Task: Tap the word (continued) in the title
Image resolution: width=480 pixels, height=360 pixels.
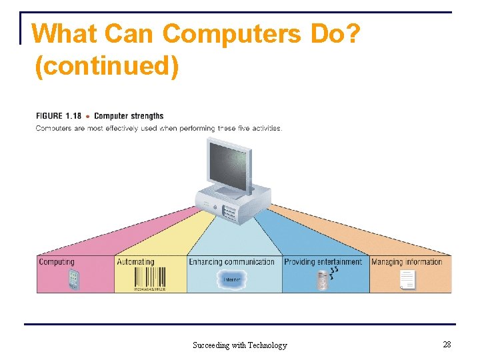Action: [x=106, y=66]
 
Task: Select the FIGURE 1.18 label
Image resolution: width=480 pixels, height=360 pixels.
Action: [x=59, y=116]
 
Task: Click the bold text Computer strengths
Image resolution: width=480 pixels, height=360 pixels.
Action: [x=129, y=116]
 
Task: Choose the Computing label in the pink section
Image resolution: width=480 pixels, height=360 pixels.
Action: [x=57, y=262]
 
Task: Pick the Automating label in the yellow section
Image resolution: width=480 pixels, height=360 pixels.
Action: [x=135, y=262]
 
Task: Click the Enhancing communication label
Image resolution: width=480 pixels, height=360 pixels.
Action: [x=231, y=262]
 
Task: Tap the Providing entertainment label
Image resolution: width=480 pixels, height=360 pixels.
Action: [x=323, y=262]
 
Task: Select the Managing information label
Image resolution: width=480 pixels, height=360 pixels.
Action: [x=407, y=262]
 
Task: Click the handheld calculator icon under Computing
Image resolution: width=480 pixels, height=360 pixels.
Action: [x=73, y=280]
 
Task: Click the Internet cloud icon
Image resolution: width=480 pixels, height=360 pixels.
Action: [x=232, y=279]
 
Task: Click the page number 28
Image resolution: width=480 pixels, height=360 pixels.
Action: [x=447, y=344]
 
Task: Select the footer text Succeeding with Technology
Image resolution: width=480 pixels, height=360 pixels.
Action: [x=239, y=345]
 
